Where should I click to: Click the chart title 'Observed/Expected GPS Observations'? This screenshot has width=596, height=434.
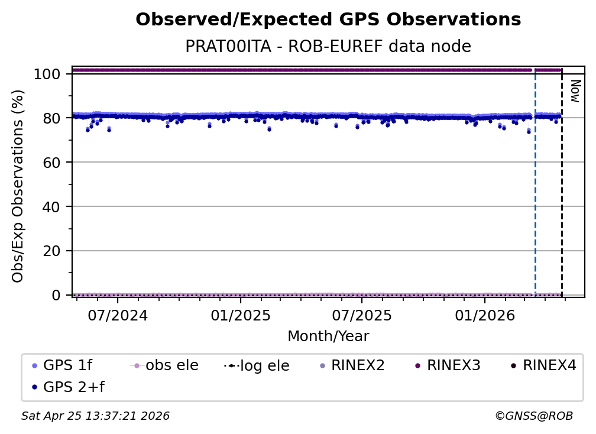328,20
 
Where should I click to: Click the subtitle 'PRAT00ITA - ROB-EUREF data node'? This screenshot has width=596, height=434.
328,47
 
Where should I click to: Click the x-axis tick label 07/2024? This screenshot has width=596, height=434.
118,315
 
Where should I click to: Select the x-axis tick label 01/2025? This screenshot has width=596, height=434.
240,315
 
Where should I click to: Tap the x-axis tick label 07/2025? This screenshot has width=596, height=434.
362,315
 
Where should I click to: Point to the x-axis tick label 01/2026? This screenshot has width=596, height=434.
484,315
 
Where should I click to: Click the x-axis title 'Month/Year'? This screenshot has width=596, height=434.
328,336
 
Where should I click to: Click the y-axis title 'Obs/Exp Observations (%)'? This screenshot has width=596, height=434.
18,186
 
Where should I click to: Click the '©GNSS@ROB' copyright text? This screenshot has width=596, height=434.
534,416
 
